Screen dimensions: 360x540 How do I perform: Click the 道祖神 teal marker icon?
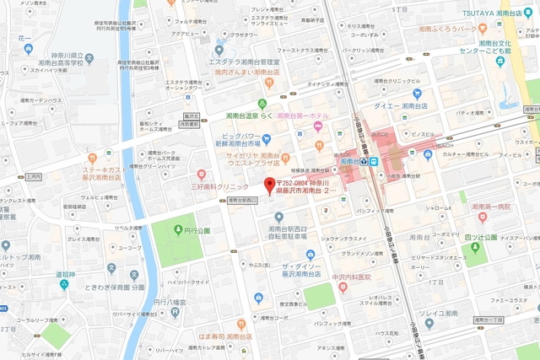pos(62,284)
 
